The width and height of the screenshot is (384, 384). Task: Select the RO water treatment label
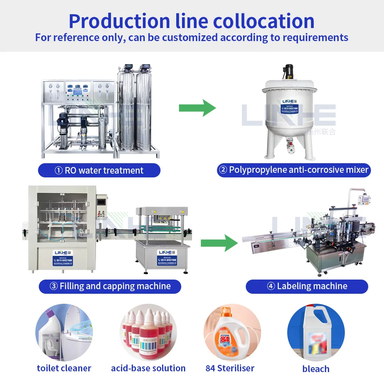[99, 170]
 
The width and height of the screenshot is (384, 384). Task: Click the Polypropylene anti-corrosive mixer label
[294, 170]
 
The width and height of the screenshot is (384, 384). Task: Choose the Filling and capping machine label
[110, 286]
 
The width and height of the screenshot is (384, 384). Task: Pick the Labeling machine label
[307, 286]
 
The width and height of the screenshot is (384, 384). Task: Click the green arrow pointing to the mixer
[197, 108]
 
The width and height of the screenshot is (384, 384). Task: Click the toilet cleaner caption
[64, 368]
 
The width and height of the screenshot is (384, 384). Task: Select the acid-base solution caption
[148, 368]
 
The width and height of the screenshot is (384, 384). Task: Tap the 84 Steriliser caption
[230, 368]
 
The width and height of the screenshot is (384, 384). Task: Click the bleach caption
[316, 369]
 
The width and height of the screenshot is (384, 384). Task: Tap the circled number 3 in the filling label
[54, 286]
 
